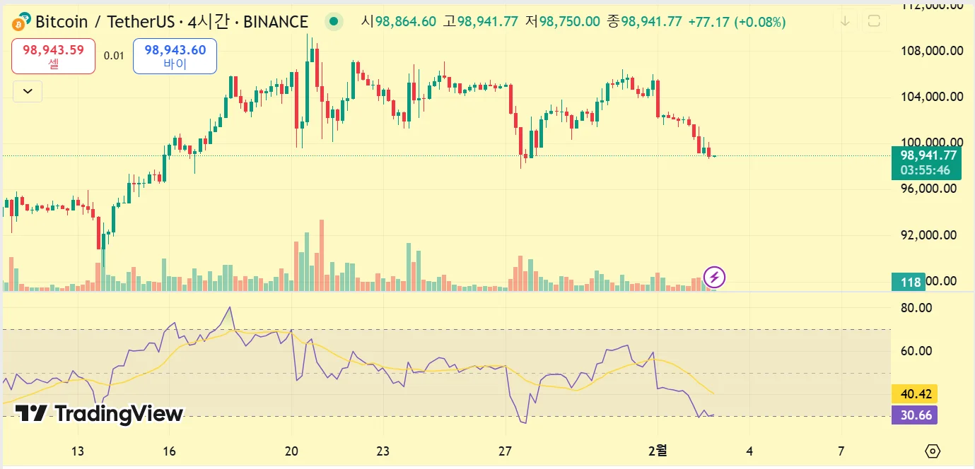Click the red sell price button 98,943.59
53,56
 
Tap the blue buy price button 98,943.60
175,56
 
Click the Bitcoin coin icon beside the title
22,21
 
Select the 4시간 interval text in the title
210,22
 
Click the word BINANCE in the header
276,22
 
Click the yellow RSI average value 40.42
914,394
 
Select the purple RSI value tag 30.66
914,415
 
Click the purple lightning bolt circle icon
714,277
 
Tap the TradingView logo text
100,414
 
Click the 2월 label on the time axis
658,451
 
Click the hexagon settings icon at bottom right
933,451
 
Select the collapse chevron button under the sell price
28,91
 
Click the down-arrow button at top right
845,21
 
